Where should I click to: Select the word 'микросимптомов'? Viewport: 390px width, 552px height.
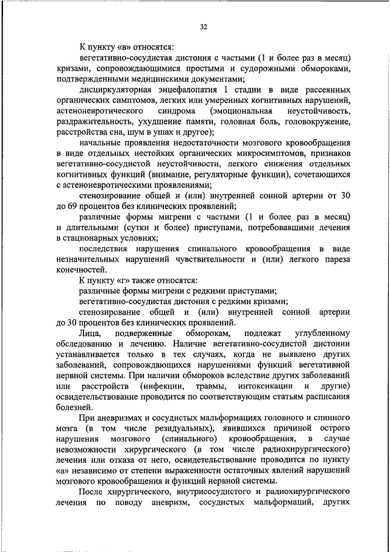click(227, 154)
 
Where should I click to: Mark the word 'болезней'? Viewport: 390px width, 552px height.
click(74, 407)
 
